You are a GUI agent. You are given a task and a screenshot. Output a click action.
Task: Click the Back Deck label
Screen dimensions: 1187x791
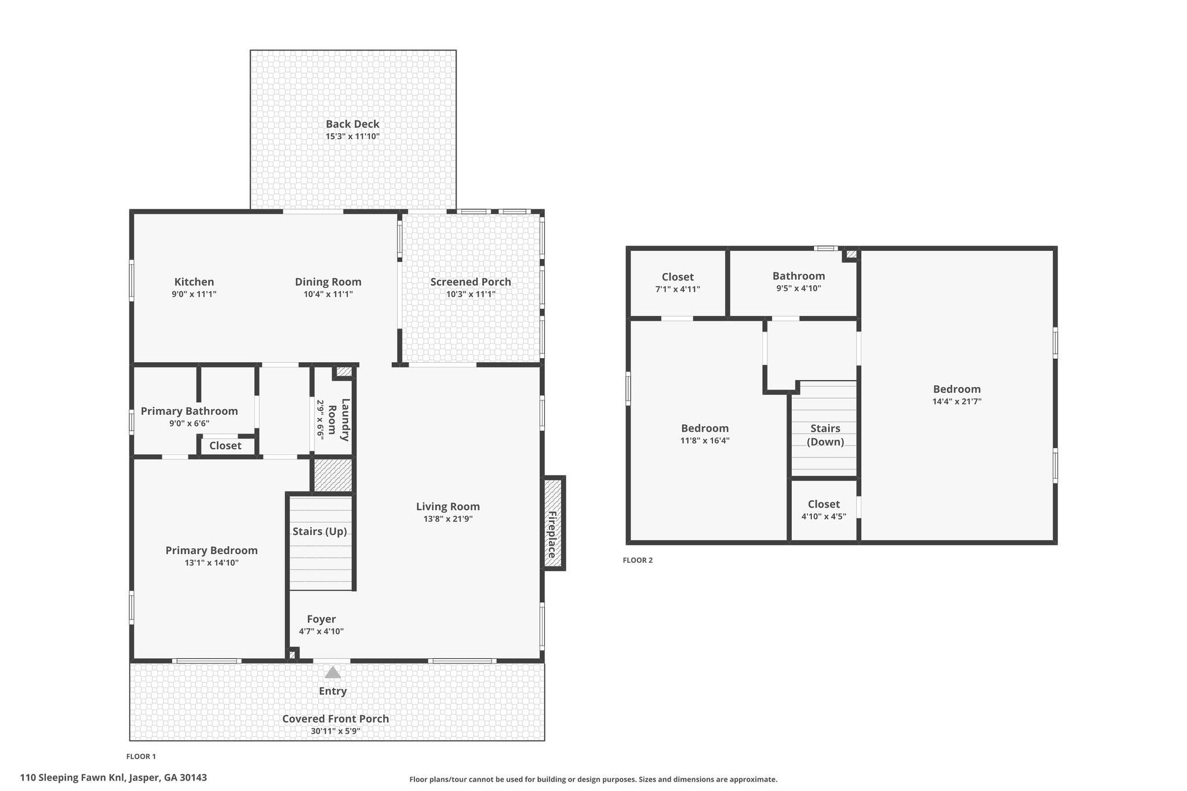352,123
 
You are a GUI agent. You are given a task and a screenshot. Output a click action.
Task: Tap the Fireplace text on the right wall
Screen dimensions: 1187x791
553,535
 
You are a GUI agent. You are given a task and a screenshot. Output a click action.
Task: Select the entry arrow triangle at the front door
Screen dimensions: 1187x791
333,672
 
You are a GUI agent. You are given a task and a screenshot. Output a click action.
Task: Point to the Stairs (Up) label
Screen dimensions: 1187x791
320,531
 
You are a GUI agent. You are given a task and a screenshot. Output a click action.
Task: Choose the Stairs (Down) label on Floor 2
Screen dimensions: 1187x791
825,435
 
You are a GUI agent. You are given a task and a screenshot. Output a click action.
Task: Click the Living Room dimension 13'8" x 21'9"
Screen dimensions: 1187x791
448,519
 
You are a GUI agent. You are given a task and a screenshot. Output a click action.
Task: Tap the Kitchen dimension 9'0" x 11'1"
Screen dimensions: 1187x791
194,294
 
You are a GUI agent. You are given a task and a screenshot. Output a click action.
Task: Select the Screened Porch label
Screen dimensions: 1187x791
471,282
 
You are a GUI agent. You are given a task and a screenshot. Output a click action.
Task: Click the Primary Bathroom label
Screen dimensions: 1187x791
190,411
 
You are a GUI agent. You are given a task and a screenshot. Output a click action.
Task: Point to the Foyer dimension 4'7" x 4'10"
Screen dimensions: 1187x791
321,632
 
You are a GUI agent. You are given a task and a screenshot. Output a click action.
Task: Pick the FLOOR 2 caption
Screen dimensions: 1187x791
638,560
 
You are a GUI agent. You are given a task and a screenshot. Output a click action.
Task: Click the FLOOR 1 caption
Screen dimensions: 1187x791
141,756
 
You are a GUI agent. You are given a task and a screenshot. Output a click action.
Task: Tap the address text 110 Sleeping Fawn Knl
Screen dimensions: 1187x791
73,778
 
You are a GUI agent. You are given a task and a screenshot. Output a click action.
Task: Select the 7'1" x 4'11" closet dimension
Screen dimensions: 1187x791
678,289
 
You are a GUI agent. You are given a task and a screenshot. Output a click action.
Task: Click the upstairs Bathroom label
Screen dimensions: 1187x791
799,276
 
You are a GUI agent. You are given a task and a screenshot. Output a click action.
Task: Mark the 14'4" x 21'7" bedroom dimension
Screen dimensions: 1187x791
957,401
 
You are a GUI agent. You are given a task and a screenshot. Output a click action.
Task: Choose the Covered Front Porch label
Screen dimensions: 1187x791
336,719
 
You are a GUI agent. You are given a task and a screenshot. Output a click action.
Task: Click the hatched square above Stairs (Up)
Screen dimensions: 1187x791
333,475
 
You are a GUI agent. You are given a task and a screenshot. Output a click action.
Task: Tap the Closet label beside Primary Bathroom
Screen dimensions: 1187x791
225,446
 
